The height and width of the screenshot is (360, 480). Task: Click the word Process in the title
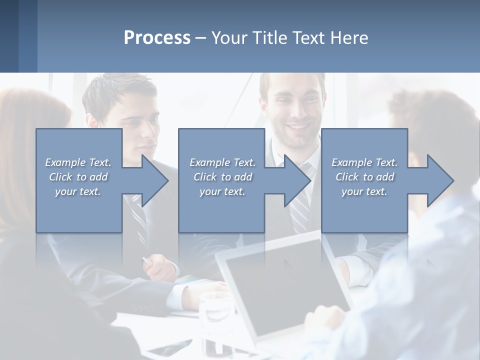[x=157, y=38]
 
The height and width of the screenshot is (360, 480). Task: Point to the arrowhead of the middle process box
[x=296, y=180]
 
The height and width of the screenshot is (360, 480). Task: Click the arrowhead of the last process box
[x=439, y=180]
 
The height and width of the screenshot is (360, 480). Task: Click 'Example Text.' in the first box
[x=78, y=162]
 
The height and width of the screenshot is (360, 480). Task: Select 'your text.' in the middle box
[x=222, y=191]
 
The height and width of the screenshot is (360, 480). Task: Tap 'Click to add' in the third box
[x=364, y=177]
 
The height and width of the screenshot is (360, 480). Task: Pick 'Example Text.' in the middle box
[x=222, y=162]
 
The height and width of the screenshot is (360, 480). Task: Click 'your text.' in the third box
[x=364, y=191]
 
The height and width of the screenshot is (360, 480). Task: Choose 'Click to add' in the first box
[x=78, y=177]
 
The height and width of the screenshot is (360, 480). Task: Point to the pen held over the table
[x=148, y=261]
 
